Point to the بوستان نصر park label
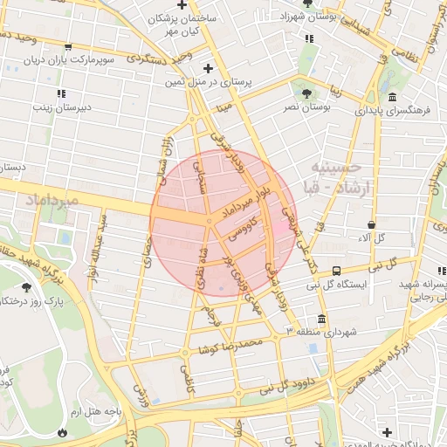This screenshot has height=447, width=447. tap(306, 107)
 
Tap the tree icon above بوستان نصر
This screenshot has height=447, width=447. tap(306, 93)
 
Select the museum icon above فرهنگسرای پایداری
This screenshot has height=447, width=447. tap(392, 97)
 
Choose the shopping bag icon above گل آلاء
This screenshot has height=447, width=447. tap(372, 224)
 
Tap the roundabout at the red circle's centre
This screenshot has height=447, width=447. tap(209, 222)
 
